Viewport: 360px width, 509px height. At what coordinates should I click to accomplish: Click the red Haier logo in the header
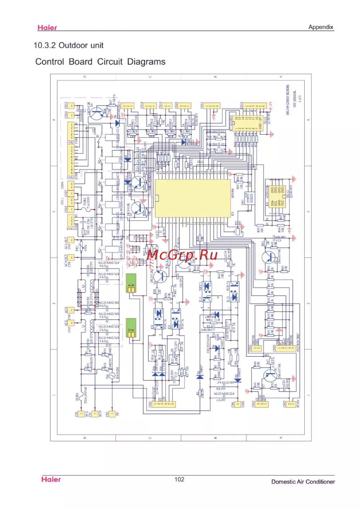point(47,28)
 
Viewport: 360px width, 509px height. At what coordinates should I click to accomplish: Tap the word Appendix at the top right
point(320,27)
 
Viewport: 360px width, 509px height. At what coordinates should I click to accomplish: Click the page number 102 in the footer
point(179,479)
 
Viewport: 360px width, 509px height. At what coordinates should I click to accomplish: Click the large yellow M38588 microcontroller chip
point(193,199)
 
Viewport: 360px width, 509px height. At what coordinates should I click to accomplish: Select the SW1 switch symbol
point(249,197)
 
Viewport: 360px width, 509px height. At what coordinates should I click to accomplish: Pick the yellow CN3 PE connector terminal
point(112,414)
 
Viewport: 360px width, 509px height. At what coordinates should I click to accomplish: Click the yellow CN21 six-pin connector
point(164,404)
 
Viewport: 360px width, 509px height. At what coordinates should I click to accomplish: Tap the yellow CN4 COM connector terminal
point(237,404)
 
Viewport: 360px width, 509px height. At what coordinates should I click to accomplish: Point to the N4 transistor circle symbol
point(96,114)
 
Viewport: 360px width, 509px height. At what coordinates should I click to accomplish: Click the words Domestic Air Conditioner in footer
point(303,482)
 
